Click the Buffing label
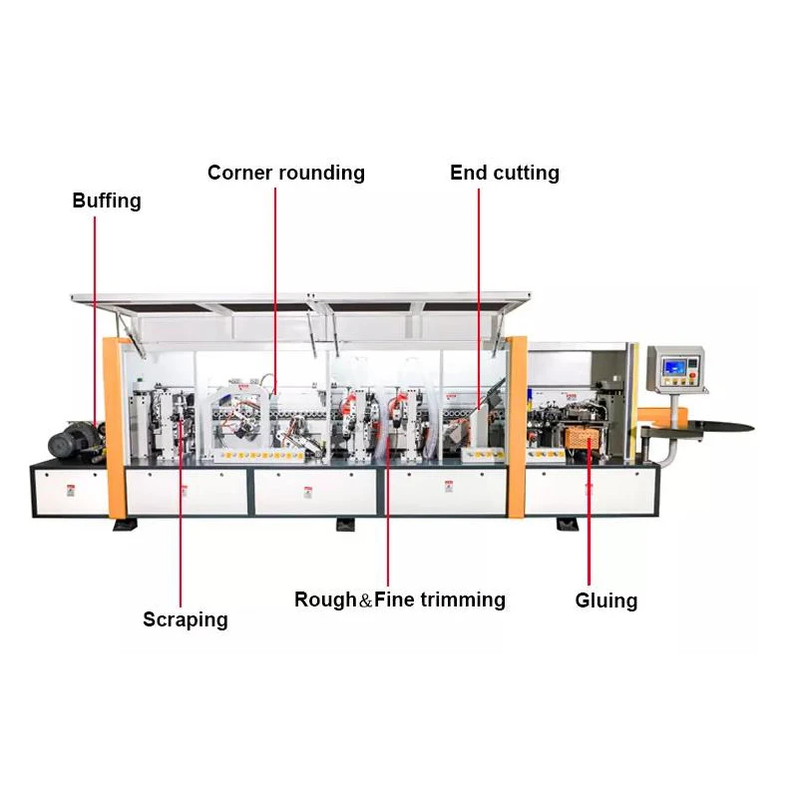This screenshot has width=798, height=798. [x=107, y=201]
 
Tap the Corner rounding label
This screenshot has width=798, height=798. [x=286, y=173]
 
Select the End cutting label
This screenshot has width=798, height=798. [x=505, y=173]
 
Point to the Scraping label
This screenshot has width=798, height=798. [x=186, y=619]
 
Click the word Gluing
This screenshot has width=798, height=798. [x=606, y=600]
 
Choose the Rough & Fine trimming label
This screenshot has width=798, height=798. [x=400, y=599]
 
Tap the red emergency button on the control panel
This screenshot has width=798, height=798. [x=692, y=376]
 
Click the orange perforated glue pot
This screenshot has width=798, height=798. [x=581, y=438]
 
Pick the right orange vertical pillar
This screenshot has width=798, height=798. [x=517, y=427]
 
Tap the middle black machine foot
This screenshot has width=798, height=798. [x=347, y=525]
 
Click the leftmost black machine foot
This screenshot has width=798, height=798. [x=126, y=525]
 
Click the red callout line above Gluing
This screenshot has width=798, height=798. [x=589, y=512]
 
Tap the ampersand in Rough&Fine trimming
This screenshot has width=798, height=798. [x=365, y=601]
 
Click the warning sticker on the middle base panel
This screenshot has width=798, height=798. [x=307, y=492]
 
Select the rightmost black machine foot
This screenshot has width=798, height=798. [x=568, y=525]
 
